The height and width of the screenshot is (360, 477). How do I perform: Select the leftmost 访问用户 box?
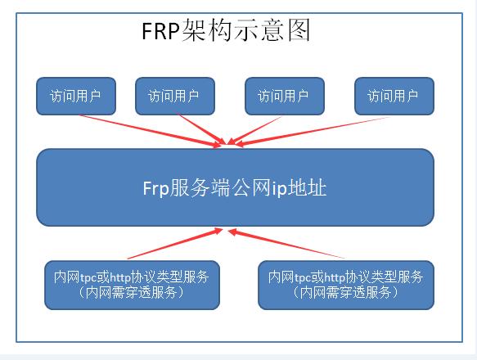tap(76, 96)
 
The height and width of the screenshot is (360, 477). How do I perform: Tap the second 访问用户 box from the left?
tap(173, 96)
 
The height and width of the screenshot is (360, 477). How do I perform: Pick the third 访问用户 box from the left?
tap(283, 96)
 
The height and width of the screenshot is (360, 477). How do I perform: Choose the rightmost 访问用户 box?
tap(394, 96)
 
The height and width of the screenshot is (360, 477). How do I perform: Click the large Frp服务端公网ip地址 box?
tap(235, 187)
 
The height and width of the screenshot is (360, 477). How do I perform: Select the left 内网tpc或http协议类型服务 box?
tap(132, 284)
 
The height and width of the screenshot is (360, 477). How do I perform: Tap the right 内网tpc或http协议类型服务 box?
tap(344, 284)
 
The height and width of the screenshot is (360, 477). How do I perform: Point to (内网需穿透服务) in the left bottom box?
tap(132, 292)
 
